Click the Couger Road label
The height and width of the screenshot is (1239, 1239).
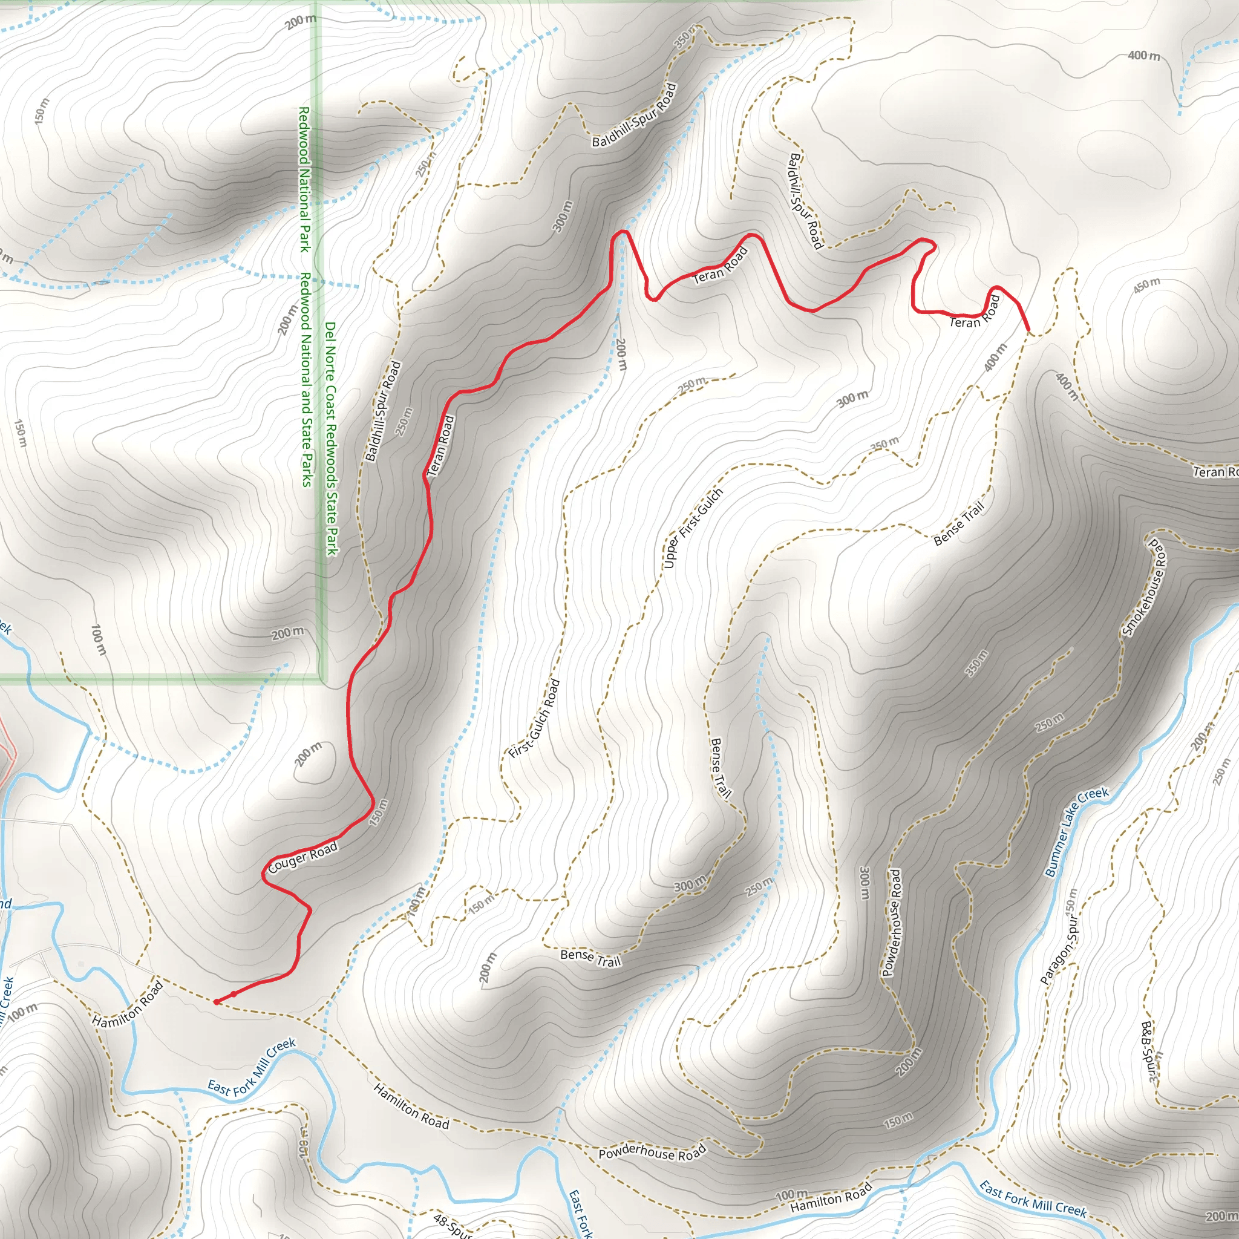[302, 858]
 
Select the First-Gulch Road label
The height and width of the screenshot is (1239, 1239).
[534, 719]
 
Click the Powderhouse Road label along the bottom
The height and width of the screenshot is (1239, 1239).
[652, 1152]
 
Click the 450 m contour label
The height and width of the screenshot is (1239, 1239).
[1146, 286]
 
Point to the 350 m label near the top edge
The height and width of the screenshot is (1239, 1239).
[684, 36]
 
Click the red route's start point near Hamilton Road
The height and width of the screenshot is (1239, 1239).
[217, 1002]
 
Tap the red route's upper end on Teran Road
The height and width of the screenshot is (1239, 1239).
[1028, 330]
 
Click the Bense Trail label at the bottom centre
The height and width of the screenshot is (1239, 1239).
[590, 958]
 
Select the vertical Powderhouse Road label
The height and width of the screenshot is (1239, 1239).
[892, 922]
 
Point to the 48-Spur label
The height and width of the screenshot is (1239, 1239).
[453, 1225]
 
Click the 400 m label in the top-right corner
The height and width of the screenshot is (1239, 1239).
[1144, 56]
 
